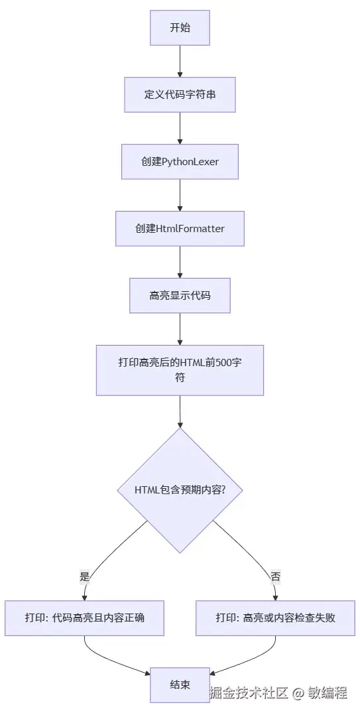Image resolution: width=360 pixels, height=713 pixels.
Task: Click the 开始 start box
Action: tap(180, 28)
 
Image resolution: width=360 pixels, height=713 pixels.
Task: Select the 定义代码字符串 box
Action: tap(180, 94)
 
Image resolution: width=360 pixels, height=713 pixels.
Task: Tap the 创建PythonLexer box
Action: tap(180, 161)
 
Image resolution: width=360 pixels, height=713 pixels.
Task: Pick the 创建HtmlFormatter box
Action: tap(180, 228)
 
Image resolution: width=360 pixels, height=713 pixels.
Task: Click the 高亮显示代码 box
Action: tap(180, 295)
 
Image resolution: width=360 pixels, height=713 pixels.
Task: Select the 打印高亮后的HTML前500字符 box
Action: tap(180, 370)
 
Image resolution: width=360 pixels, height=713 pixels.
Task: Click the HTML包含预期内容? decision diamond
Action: tap(180, 490)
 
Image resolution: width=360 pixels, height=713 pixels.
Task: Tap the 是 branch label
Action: tap(84, 576)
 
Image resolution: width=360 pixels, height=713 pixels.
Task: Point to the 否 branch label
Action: tap(275, 576)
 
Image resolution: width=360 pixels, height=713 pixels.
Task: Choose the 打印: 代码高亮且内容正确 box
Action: tap(84, 617)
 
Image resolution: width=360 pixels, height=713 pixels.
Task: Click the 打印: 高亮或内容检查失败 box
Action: tap(275, 617)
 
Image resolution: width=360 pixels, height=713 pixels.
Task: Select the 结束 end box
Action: tap(180, 684)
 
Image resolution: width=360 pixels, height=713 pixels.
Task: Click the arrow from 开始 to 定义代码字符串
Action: tap(180, 61)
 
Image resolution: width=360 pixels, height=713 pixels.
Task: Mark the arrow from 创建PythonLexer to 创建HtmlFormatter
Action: tap(180, 194)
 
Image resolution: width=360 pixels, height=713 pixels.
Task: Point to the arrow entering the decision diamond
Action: tap(180, 411)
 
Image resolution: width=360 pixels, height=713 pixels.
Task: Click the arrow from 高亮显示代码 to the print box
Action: tap(180, 328)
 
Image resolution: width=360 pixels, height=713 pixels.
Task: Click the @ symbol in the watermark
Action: tap(298, 694)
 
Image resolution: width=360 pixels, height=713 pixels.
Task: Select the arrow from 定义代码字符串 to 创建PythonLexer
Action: tap(180, 128)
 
